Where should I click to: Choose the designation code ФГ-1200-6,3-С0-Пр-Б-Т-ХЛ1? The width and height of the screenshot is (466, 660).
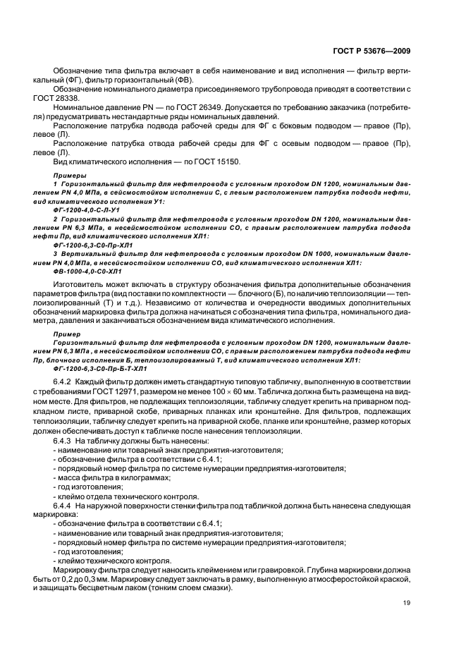[99, 368]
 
